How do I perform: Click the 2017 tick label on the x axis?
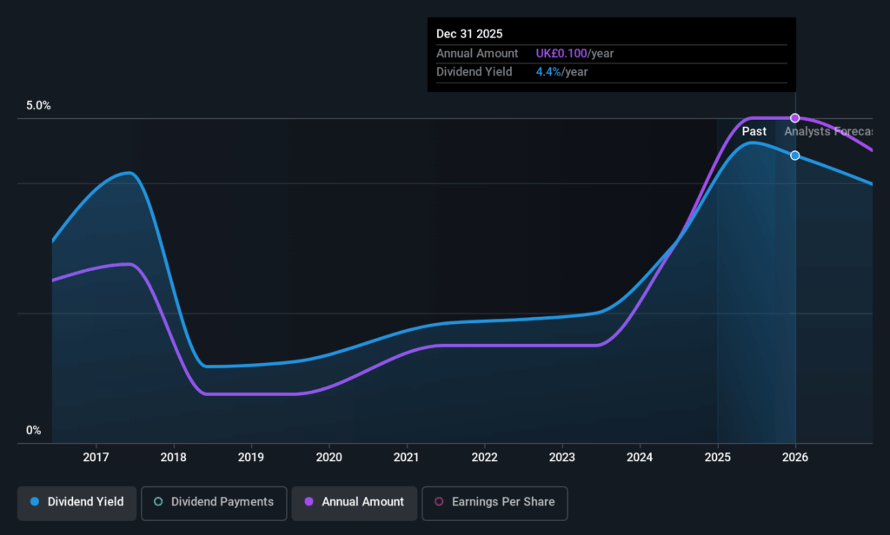(96, 457)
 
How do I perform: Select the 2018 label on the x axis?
(174, 457)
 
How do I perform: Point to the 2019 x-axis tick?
(251, 457)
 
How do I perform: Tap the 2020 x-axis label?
(329, 457)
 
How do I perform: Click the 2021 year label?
(407, 457)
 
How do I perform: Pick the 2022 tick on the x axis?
(484, 457)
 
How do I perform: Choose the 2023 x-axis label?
(562, 457)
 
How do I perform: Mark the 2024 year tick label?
(640, 457)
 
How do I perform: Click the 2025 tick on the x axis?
(718, 457)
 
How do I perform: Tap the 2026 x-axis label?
(795, 457)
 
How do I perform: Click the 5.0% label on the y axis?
(38, 106)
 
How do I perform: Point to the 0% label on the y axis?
(33, 431)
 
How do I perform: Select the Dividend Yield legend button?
(76, 502)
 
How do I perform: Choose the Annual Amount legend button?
(354, 502)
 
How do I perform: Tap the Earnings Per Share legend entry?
(494, 502)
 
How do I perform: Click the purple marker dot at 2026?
(795, 118)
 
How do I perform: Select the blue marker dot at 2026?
(795, 155)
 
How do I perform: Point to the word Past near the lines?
(754, 131)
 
